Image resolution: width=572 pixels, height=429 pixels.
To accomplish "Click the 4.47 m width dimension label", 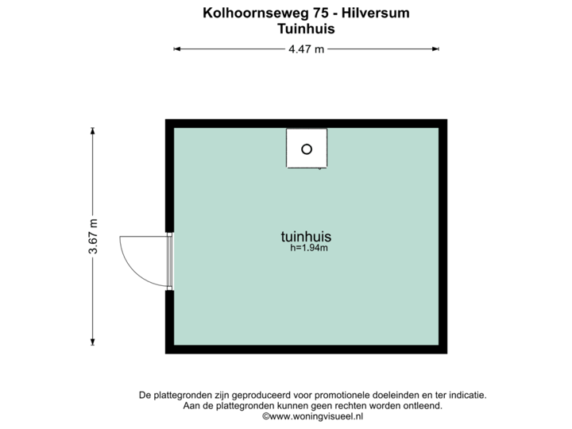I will [x=307, y=49].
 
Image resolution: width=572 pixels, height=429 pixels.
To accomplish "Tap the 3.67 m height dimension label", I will [x=94, y=236].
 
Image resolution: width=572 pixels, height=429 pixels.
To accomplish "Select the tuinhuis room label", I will [x=306, y=236].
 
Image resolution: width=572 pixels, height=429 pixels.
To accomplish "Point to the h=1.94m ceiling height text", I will [x=310, y=248].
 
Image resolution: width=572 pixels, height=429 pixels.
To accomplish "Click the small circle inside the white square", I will [x=307, y=149].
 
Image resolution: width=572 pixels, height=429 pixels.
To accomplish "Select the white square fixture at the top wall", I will [x=307, y=149].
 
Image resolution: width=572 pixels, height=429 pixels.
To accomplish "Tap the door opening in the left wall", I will [x=168, y=261].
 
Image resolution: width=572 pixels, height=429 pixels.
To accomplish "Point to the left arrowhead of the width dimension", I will [x=177, y=49].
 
